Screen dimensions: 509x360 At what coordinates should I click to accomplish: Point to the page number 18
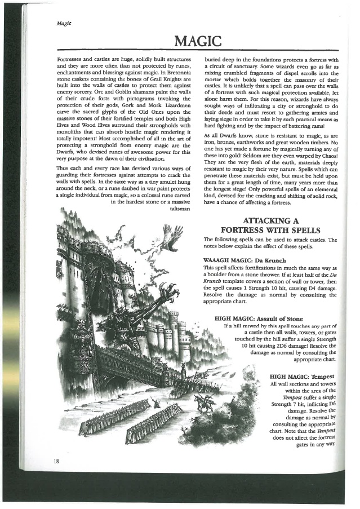[x=57, y=461]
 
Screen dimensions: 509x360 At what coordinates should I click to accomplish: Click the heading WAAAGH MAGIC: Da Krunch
[x=239, y=259]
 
